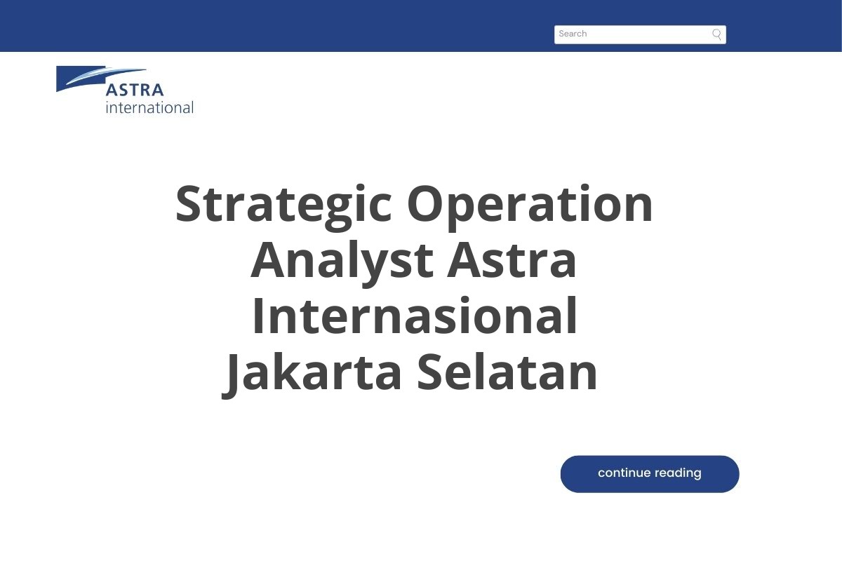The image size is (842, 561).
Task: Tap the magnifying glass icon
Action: (x=716, y=34)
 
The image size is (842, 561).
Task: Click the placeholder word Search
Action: (x=573, y=34)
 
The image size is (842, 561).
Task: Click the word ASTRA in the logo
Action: (x=135, y=90)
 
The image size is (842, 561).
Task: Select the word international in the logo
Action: (x=149, y=107)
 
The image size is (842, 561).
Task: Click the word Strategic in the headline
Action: (x=284, y=204)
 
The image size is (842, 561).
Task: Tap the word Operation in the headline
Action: (x=530, y=204)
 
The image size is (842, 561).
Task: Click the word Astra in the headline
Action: (x=512, y=260)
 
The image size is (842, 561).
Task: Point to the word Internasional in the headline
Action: (x=415, y=316)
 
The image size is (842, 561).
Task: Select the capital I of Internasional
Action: (x=258, y=316)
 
